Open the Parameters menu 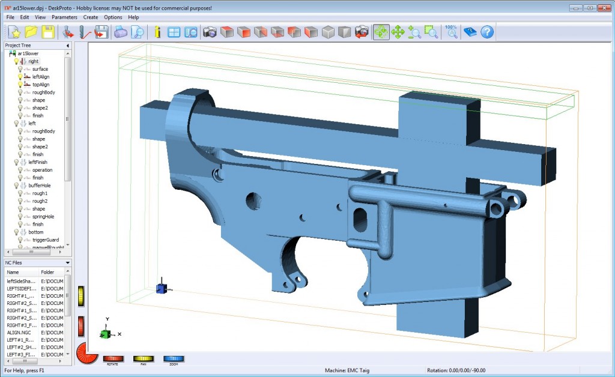[64, 17]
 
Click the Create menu [91, 17]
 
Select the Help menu [133, 17]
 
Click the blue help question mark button [487, 32]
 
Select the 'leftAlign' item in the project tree [41, 77]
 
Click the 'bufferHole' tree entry [40, 185]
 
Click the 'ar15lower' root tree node [28, 53]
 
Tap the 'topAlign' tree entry [41, 85]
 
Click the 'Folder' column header [48, 272]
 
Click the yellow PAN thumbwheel [144, 358]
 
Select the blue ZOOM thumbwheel [174, 358]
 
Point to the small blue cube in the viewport [161, 288]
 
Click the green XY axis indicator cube [105, 334]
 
